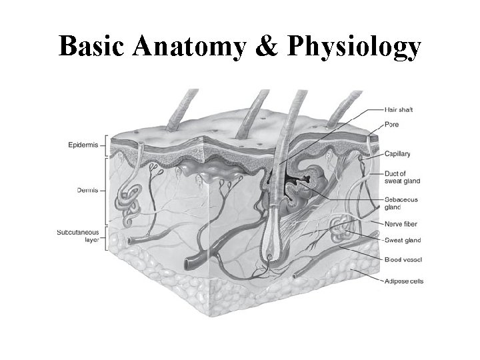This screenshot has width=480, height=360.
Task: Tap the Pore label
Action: [393, 125]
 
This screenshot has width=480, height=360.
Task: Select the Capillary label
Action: [399, 154]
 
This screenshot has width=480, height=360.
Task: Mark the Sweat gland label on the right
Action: [403, 240]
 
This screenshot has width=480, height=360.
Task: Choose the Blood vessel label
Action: [403, 259]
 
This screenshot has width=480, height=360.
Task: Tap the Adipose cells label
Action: [404, 281]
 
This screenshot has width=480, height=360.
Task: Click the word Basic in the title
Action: [91, 47]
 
